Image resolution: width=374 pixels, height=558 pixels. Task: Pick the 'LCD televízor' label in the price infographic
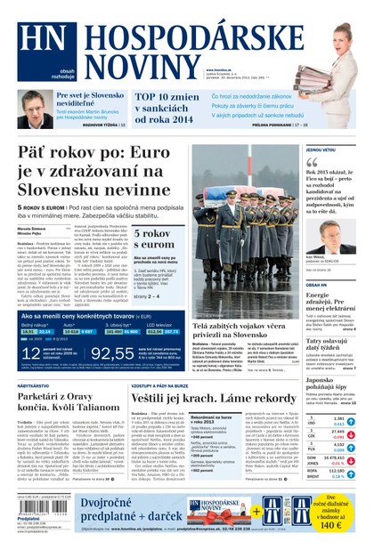[x=159, y=325]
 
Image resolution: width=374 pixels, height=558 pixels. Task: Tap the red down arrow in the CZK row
[x=351, y=436]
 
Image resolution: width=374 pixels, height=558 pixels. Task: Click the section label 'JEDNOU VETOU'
[x=321, y=150]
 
